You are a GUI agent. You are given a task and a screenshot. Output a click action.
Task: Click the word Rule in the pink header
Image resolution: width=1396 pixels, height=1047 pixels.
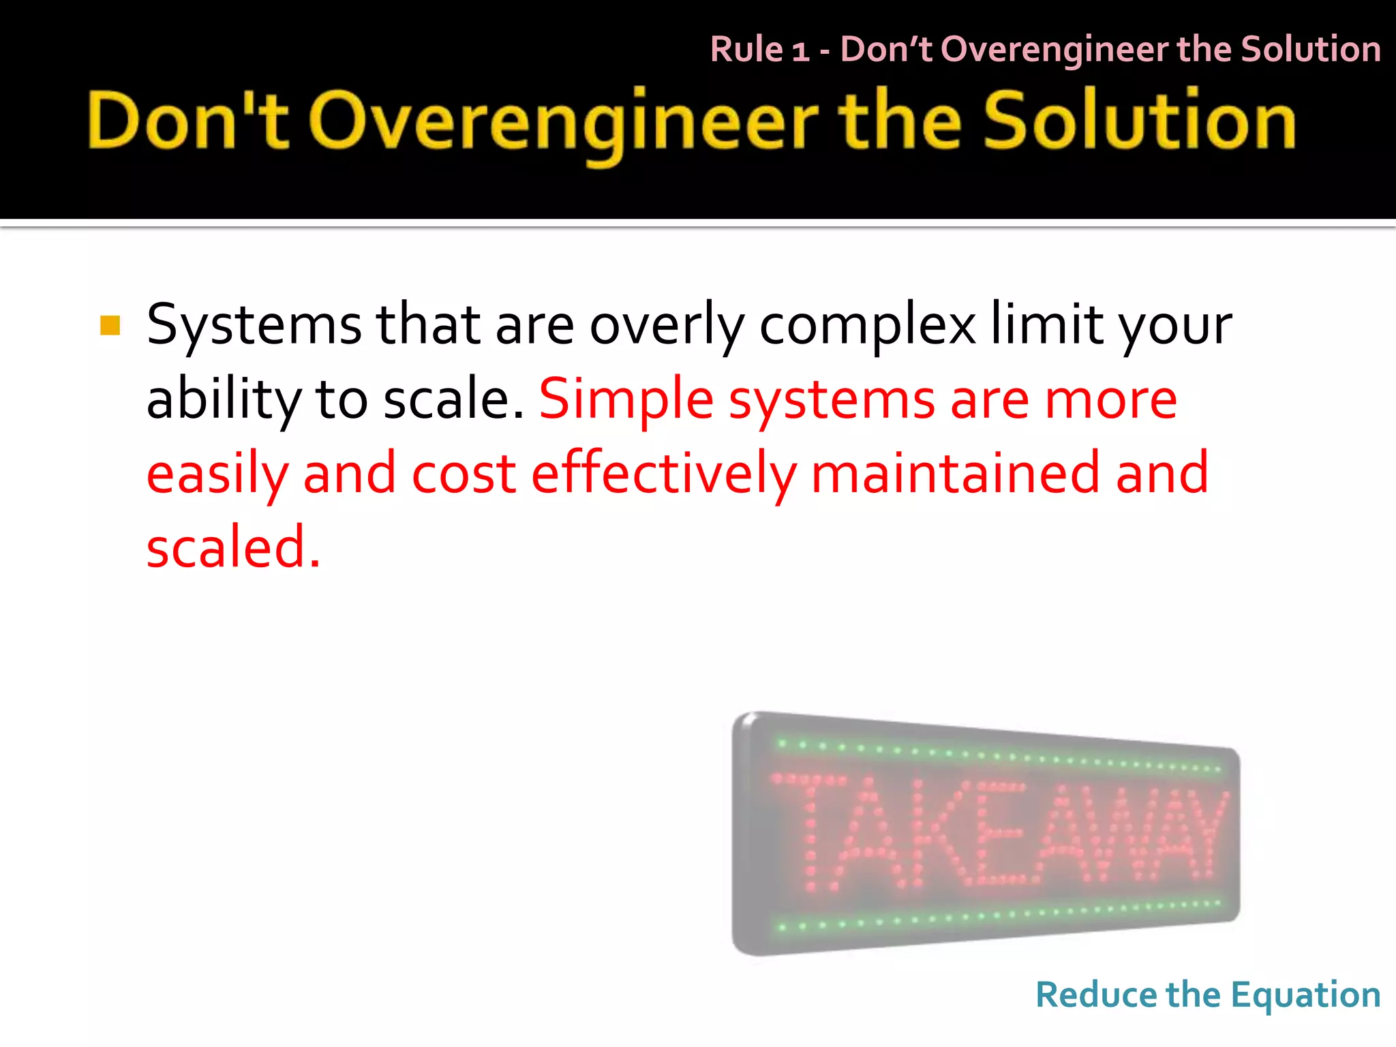[x=746, y=49]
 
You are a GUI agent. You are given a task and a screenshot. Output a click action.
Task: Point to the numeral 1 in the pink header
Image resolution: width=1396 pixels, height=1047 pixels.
[x=800, y=51]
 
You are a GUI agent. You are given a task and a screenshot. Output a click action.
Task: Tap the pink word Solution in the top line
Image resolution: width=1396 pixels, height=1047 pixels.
[x=1310, y=49]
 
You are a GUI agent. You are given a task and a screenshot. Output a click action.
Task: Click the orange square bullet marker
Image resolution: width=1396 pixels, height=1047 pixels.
[x=110, y=325]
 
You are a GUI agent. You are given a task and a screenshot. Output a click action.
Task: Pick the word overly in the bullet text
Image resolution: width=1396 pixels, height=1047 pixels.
[x=666, y=325]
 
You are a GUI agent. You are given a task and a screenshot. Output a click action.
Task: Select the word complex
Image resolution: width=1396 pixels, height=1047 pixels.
[x=867, y=325]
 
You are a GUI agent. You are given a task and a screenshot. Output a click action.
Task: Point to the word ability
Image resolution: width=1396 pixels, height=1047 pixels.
[x=224, y=400]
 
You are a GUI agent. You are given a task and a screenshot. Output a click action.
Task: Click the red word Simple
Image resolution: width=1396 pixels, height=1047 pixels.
[x=626, y=400]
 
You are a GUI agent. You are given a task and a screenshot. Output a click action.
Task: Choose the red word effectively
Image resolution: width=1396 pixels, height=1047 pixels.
[x=663, y=474]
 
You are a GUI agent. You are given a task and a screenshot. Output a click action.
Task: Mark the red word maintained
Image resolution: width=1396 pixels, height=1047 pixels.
[x=955, y=474]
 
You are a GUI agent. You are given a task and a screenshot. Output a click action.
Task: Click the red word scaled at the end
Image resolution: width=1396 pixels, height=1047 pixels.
[x=232, y=547]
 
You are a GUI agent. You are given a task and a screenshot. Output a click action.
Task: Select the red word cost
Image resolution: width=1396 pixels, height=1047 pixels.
[x=464, y=474]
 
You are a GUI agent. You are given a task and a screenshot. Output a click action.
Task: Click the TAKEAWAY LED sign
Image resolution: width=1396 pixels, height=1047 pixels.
[x=986, y=834]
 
